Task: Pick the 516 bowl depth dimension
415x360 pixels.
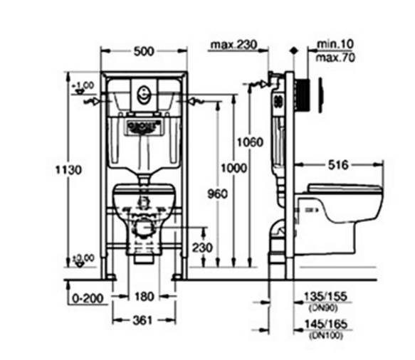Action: (338, 165)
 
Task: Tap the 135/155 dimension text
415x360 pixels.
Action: (320, 297)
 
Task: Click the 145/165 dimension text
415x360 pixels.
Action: (320, 325)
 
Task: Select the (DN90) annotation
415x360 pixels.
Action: (320, 307)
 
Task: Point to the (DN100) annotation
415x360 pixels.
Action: (320, 336)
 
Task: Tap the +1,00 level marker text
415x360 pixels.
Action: (83, 85)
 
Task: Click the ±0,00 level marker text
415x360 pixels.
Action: (83, 258)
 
